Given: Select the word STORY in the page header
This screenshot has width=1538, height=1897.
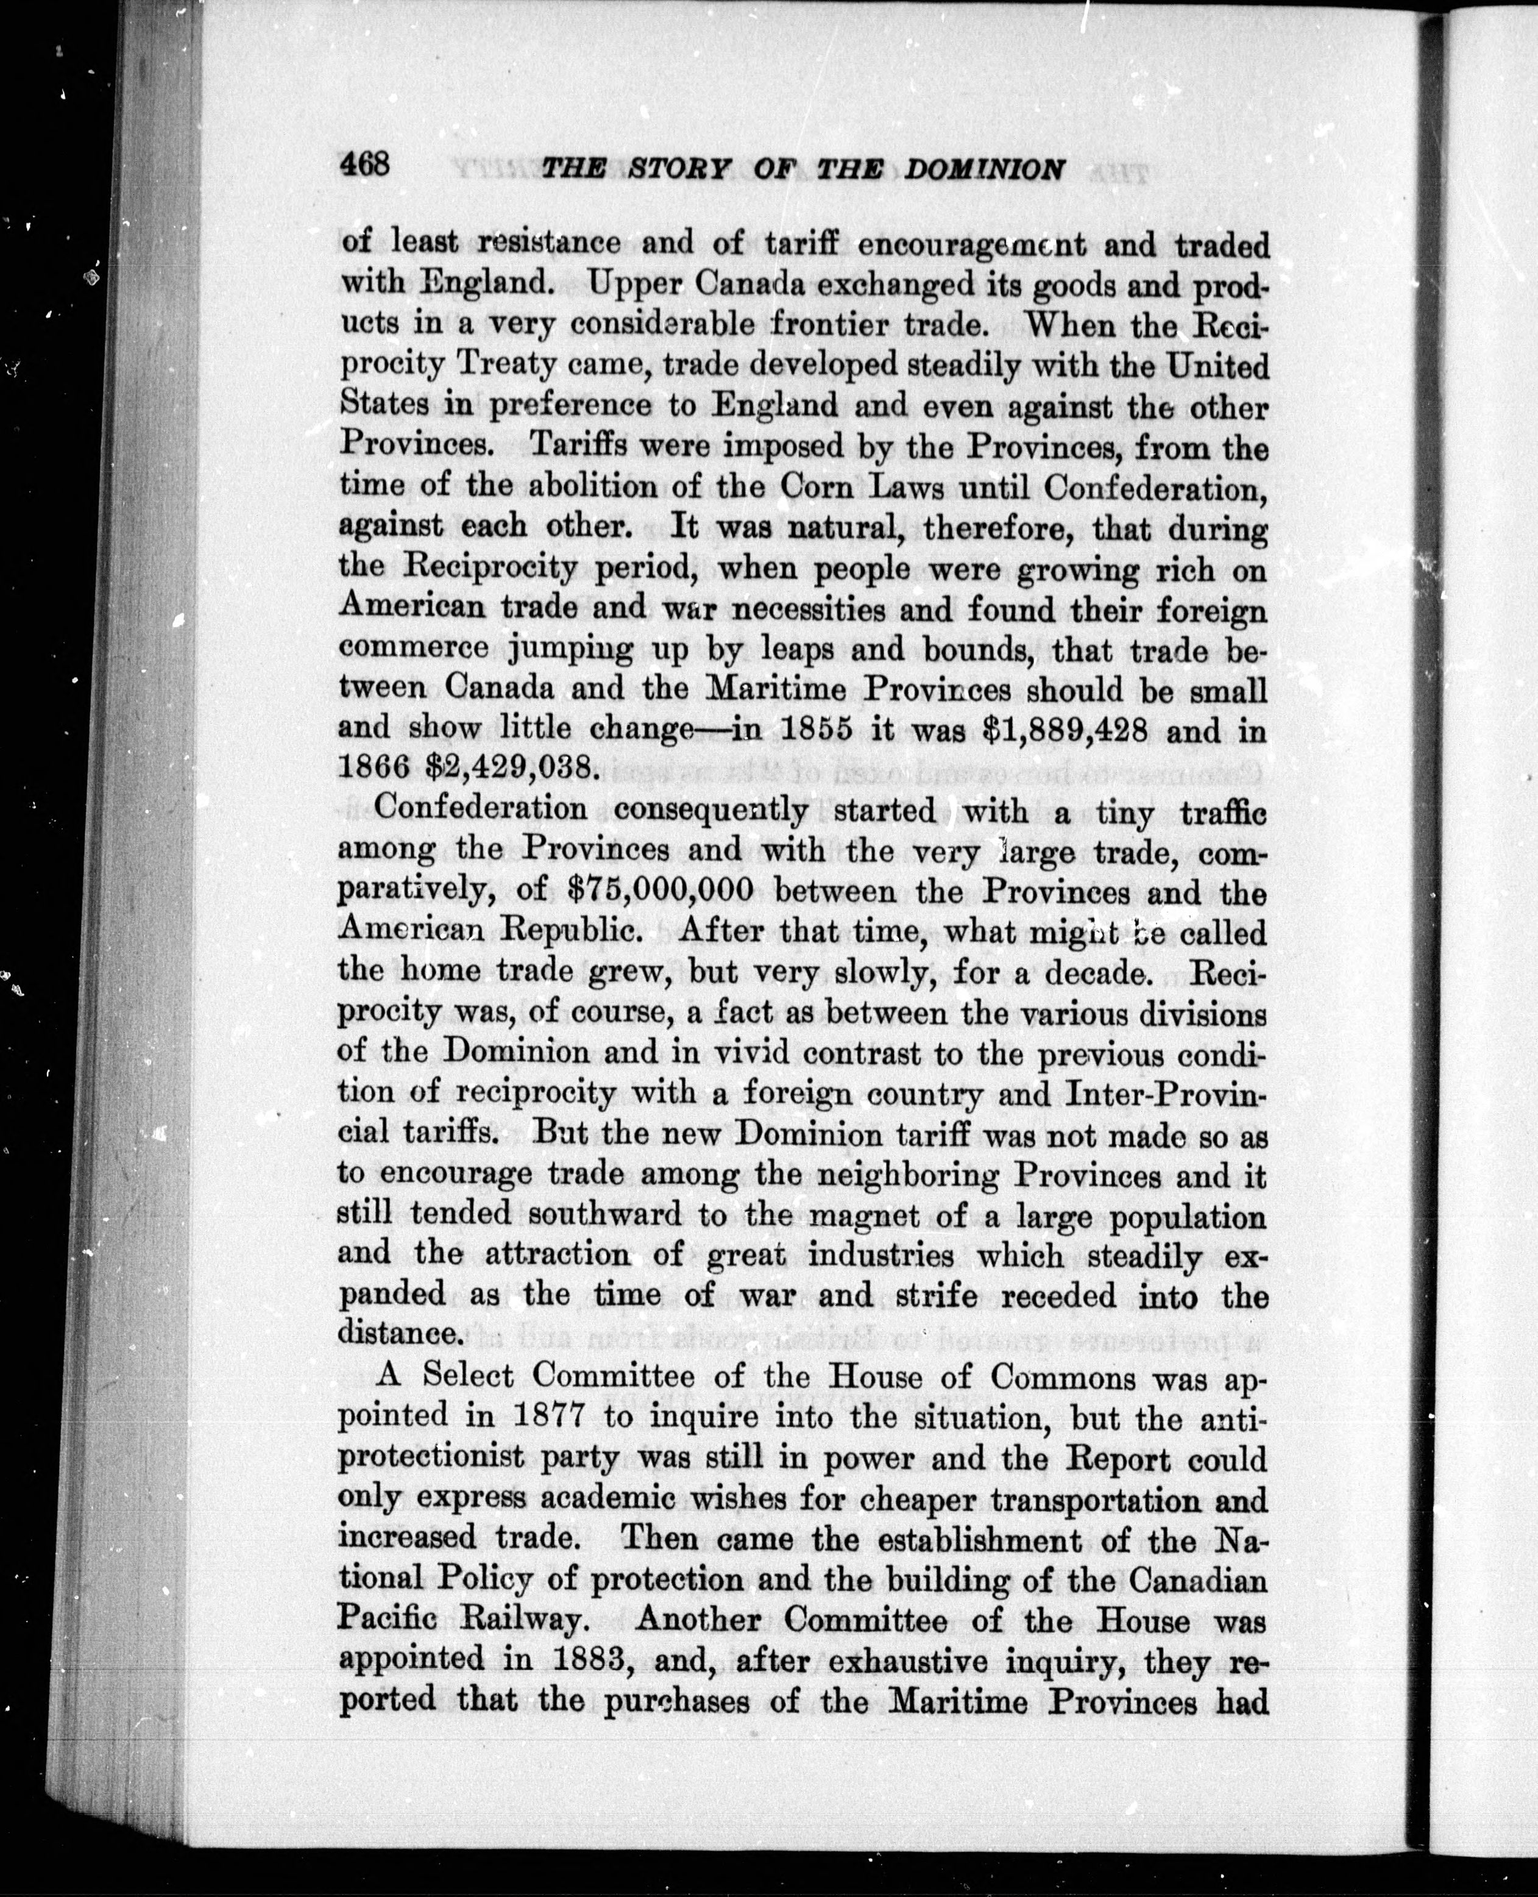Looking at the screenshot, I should [x=681, y=168].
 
